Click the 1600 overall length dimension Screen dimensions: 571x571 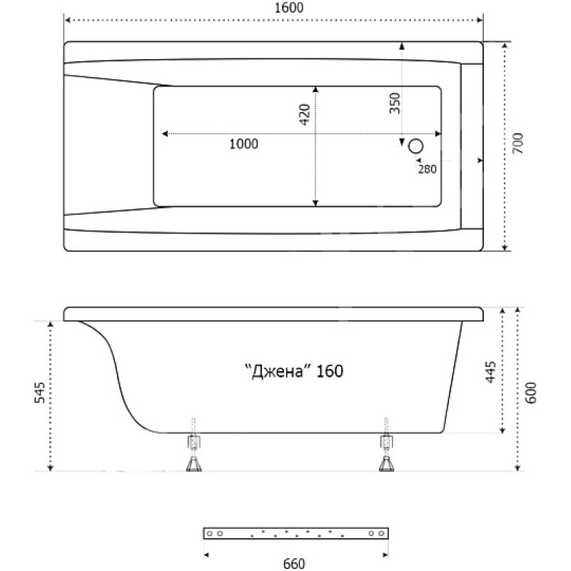289,8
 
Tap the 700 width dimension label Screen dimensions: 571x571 517,143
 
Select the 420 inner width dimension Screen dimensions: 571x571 305,115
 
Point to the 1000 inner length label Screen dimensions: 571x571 243,144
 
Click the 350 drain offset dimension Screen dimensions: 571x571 395,103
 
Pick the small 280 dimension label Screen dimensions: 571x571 427,169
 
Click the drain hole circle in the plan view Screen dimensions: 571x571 415,146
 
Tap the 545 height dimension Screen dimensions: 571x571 39,392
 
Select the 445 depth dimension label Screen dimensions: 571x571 491,372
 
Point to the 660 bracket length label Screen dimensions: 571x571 294,563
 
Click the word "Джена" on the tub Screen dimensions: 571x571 279,371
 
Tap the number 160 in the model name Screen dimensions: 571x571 330,371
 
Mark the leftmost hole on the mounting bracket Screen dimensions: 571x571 209,533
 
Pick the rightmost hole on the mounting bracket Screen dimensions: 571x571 381,533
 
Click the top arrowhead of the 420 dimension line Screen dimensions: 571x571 315,89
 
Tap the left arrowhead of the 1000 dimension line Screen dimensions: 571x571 165,134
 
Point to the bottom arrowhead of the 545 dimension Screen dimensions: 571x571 51,468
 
